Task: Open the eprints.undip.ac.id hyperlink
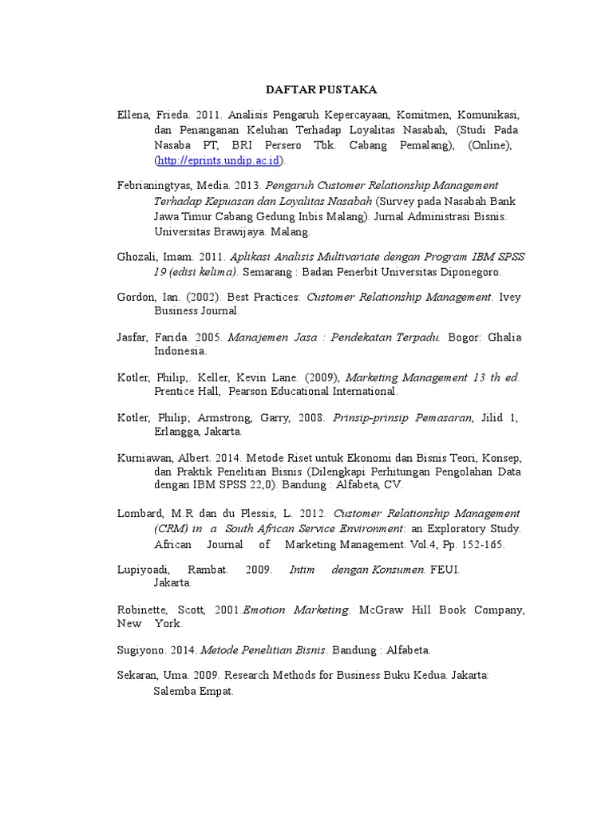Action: [x=219, y=161]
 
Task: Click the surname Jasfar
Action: [x=132, y=337]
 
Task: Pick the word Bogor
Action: [x=464, y=337]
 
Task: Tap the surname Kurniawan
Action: [x=144, y=458]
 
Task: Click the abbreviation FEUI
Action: [x=446, y=570]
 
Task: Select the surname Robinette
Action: [x=143, y=610]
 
